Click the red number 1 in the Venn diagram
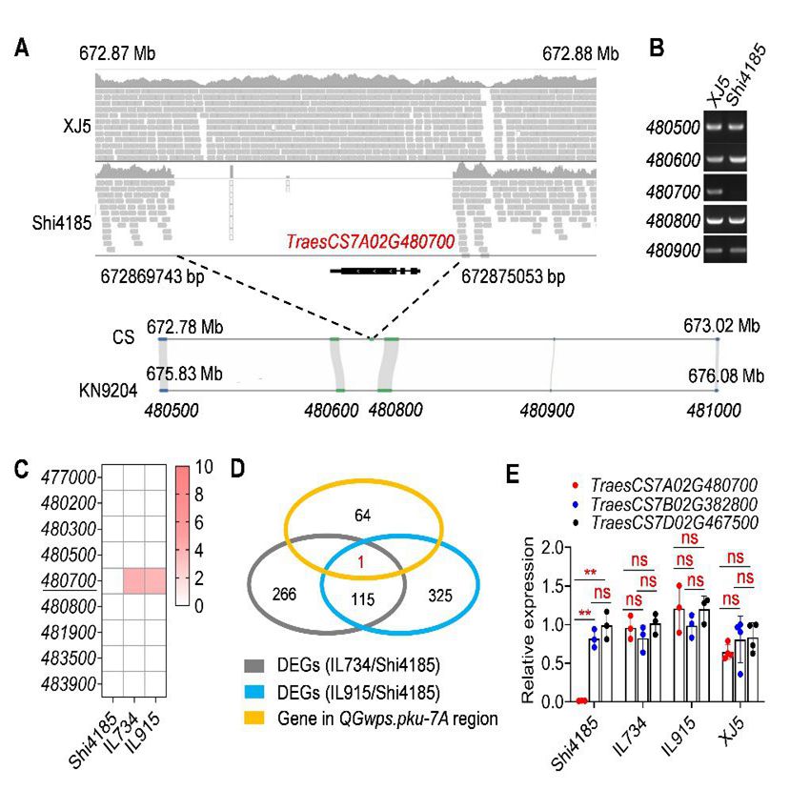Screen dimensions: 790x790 point(359,563)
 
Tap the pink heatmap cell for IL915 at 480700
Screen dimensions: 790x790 point(155,580)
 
